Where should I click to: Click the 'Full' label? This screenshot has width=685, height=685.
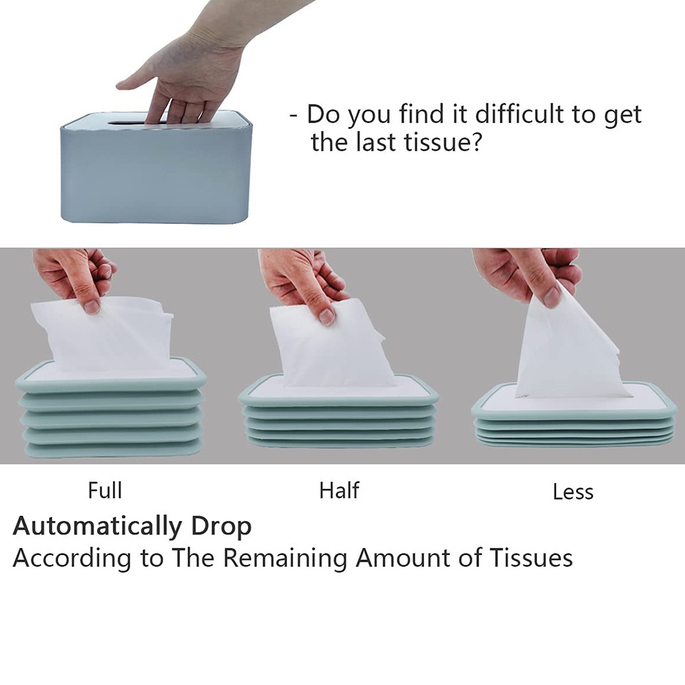(x=105, y=490)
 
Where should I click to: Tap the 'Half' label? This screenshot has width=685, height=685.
(x=339, y=490)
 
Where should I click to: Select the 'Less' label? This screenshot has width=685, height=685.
(x=573, y=491)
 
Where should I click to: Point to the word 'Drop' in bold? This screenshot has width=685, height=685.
(x=221, y=527)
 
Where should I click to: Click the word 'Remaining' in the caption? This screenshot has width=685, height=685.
(x=284, y=558)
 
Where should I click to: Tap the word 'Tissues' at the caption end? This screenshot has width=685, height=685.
(x=530, y=558)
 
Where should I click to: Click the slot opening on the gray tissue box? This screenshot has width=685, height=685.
(x=131, y=123)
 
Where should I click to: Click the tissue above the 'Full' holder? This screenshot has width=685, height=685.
(x=105, y=333)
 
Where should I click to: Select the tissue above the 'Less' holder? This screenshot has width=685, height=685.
(x=568, y=349)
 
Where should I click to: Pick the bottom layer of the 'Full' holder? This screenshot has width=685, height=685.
(x=114, y=450)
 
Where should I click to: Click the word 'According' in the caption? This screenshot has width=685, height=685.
(x=72, y=559)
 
